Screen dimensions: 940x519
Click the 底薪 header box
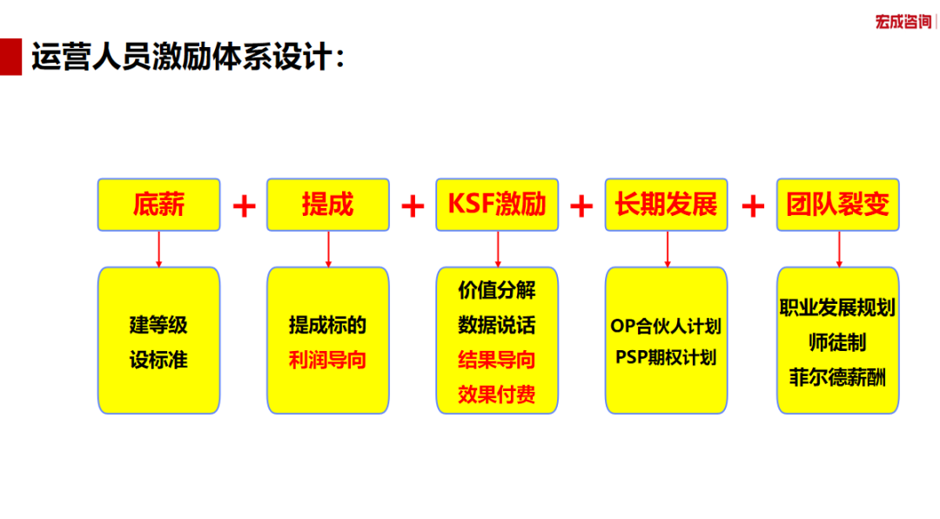[x=159, y=205]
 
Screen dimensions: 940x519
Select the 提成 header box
[x=328, y=205]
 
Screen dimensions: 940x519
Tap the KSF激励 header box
[x=497, y=205]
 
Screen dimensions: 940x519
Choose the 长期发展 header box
[x=666, y=205]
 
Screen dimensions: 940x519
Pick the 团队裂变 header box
[x=838, y=205]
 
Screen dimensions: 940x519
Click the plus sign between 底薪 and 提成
[x=244, y=206]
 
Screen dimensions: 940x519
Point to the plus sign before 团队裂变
[x=753, y=206]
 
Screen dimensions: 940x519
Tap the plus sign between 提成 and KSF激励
[x=413, y=206]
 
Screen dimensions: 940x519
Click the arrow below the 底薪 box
[x=159, y=249]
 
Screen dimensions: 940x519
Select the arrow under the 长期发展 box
[x=668, y=249]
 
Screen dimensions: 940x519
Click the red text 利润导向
[x=327, y=360]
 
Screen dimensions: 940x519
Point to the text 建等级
[x=158, y=325]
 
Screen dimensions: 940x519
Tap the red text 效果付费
[x=496, y=394]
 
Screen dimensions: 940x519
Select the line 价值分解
[x=496, y=290]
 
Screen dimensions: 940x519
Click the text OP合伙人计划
[x=666, y=327]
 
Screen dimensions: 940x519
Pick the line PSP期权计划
[x=666, y=358]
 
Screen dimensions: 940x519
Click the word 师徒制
[x=837, y=342]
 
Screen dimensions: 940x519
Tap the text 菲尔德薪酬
[x=837, y=378]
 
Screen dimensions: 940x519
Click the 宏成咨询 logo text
[x=903, y=22]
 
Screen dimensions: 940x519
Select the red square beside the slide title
[x=10, y=57]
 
